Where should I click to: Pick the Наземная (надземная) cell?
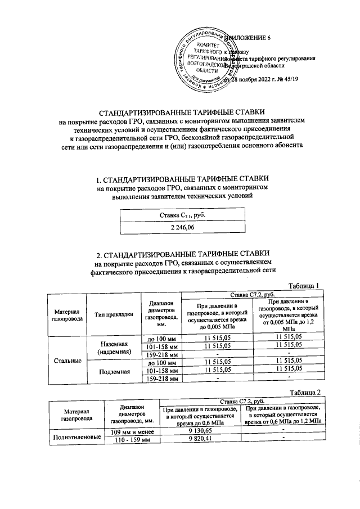click(x=114, y=348)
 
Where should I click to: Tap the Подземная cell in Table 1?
click(x=114, y=371)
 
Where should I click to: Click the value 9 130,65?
click(x=199, y=431)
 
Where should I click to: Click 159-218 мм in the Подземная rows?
click(x=163, y=379)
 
